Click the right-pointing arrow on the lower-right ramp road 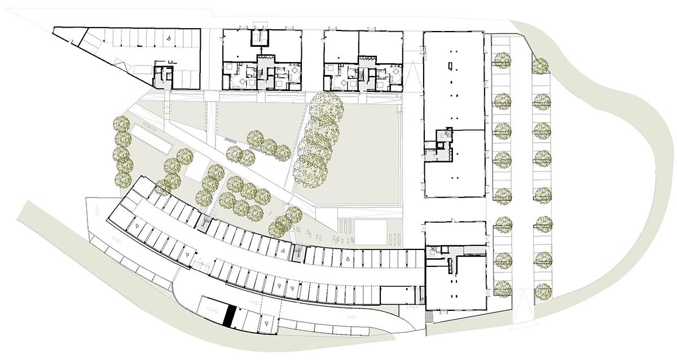pos(352,318)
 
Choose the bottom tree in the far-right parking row pos(543,291)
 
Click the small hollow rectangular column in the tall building pos(449,66)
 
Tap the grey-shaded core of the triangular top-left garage pos(164,76)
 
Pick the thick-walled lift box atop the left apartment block pos(258,38)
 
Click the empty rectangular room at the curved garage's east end pos(398,294)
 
